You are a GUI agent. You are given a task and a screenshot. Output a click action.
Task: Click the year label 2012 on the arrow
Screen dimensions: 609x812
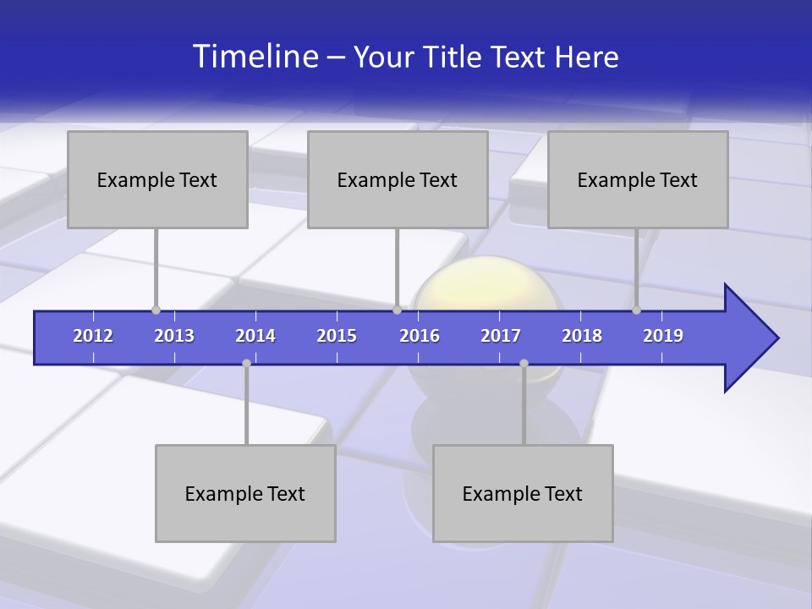[x=93, y=336]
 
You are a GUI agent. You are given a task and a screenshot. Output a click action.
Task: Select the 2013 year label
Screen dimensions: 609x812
[x=174, y=336]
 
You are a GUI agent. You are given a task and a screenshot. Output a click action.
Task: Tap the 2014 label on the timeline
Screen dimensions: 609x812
[x=255, y=336]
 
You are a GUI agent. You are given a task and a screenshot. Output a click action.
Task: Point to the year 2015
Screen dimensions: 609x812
[x=337, y=336]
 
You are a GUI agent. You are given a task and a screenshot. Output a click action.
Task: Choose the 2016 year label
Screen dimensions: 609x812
[x=420, y=336]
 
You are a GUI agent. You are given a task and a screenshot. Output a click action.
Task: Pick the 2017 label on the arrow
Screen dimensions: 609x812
[x=501, y=336]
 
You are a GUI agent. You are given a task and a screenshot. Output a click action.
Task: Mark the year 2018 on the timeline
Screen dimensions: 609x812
[x=582, y=336]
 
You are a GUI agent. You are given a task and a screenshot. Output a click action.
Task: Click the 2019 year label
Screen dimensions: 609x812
[x=663, y=336]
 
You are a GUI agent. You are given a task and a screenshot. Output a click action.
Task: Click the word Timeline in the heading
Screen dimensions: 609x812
[x=255, y=57]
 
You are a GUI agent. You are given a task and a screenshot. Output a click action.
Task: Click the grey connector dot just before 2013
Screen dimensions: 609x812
[x=156, y=310]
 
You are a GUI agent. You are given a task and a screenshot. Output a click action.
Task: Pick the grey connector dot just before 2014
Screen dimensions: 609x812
[x=246, y=363]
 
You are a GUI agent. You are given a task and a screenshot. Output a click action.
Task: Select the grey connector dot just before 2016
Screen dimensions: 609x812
[x=397, y=310]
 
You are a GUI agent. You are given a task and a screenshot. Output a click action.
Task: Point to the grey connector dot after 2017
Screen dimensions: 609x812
[x=524, y=363]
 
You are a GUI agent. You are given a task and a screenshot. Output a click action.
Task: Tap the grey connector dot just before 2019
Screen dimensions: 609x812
[x=636, y=310]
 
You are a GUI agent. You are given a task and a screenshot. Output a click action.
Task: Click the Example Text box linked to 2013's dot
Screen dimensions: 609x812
[x=157, y=179]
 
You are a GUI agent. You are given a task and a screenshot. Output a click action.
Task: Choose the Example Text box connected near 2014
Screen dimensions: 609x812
[x=245, y=493]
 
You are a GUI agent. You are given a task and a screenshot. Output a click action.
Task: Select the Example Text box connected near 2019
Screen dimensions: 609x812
[x=638, y=179]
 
